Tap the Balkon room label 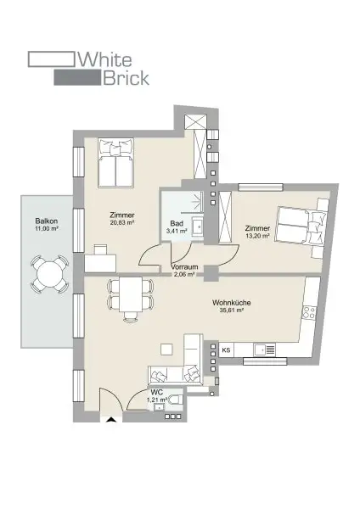click(46, 221)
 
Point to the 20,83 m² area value click(123, 222)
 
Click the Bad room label click(177, 223)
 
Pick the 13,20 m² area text click(257, 236)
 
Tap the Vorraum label click(184, 267)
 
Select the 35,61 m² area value click(230, 310)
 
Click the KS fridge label click(227, 350)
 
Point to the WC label click(156, 392)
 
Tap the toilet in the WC click(177, 400)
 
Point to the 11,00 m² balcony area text click(46, 229)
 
